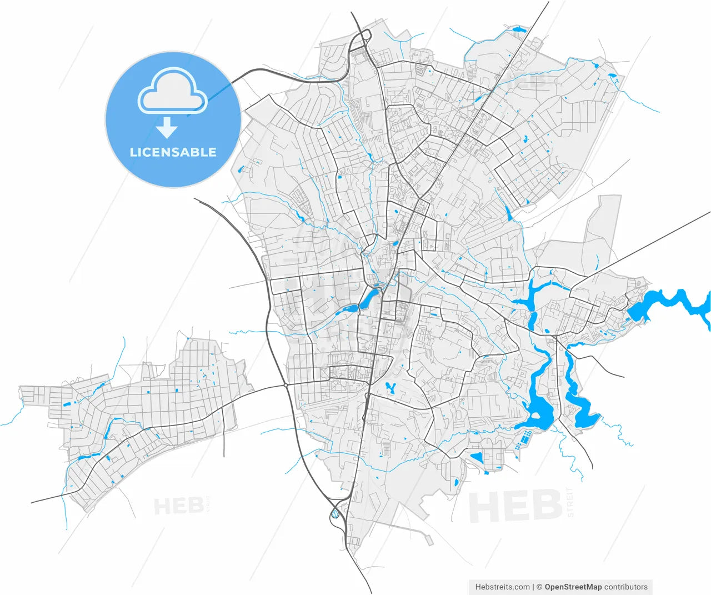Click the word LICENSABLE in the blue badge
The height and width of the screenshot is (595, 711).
(173, 152)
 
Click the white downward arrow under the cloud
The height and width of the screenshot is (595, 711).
(167, 128)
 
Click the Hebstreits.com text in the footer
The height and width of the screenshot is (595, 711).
(502, 587)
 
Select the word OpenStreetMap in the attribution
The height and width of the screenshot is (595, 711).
(573, 587)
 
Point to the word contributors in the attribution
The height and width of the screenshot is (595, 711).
(626, 587)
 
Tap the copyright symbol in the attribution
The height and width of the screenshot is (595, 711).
(539, 587)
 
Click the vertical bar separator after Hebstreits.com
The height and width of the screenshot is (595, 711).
(533, 587)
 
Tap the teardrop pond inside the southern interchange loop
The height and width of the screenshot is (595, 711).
(335, 514)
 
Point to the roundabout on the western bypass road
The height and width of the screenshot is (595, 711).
(286, 384)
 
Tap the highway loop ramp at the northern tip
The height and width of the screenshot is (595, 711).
(364, 37)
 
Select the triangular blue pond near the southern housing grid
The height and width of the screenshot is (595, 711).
(476, 458)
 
